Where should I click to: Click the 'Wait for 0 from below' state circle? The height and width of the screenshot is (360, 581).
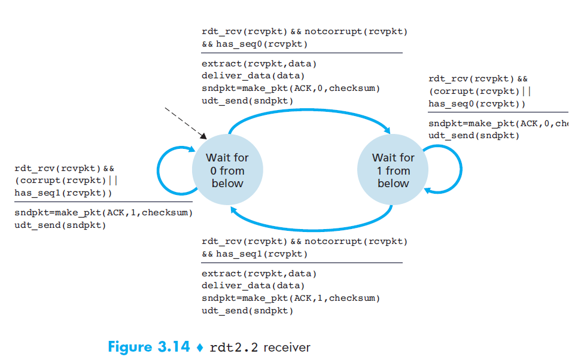tap(227, 170)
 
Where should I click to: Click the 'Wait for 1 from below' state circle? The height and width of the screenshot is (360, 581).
tap(393, 170)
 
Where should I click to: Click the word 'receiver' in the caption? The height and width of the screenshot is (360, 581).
tap(287, 347)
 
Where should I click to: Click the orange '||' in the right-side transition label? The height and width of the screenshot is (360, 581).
tap(527, 91)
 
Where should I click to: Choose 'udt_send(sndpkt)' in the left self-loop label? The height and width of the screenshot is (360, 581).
tap(60, 225)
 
